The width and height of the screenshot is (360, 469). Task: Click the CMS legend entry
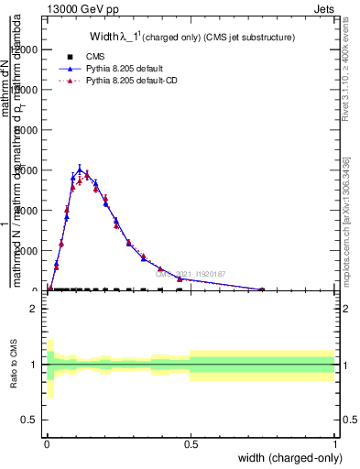[96, 56]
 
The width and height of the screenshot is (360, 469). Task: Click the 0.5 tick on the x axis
[191, 444]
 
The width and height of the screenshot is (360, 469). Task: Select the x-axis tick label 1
[334, 444]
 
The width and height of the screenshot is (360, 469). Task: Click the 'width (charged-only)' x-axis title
[284, 458]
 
